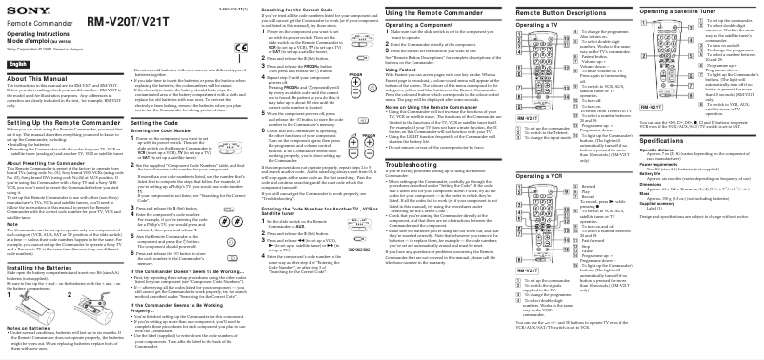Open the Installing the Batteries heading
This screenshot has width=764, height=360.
point(45,268)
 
